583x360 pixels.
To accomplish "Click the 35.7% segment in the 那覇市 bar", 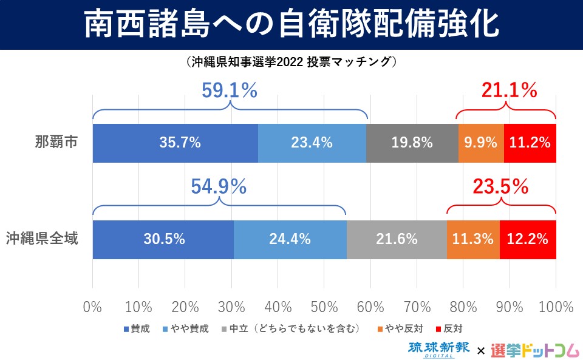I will click(x=176, y=143).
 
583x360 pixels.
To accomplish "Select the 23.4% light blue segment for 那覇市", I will click(x=312, y=143).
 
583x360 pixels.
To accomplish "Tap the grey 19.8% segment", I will click(x=412, y=143).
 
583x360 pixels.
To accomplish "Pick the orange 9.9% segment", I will click(x=481, y=143).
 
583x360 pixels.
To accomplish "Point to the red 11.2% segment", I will click(x=530, y=143).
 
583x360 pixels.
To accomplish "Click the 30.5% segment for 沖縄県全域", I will click(x=163, y=239).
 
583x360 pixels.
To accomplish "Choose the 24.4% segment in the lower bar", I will click(x=290, y=239).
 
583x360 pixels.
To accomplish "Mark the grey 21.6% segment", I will click(x=397, y=239).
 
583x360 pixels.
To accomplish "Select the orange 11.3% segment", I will click(x=473, y=239).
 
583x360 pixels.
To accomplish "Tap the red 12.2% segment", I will click(x=528, y=239).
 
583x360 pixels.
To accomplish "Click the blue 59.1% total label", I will click(x=230, y=91).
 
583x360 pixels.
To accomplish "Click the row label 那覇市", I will click(x=55, y=143).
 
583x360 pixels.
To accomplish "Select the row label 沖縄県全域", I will click(x=43, y=239).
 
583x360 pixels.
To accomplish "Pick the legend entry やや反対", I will click(x=403, y=329).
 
